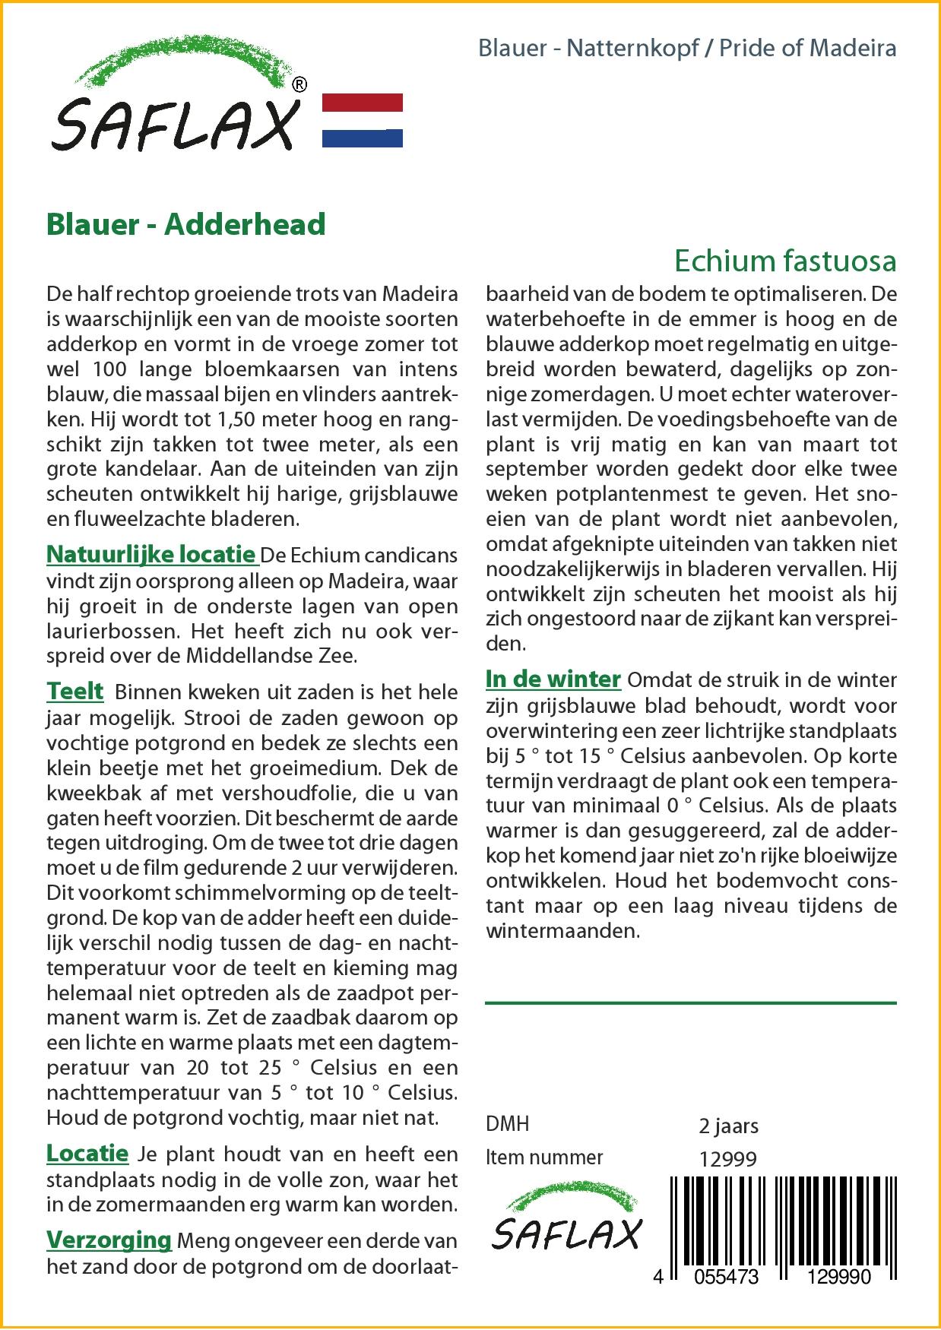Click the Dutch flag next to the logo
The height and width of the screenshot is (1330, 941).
tap(363, 120)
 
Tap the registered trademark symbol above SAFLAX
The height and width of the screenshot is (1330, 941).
tap(299, 85)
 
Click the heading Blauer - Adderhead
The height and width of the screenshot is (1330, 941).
tap(186, 224)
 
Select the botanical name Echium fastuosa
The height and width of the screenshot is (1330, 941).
tap(785, 261)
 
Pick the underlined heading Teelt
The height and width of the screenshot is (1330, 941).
tap(74, 692)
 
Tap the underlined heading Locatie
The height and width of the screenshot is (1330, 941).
tap(87, 1154)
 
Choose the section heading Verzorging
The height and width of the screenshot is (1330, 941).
tap(109, 1240)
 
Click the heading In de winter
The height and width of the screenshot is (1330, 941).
tap(553, 679)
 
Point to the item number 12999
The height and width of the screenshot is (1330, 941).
tap(727, 1158)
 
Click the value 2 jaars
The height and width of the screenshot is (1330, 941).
tap(728, 1126)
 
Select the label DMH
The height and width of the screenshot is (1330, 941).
tap(507, 1125)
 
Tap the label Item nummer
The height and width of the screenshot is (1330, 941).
tap(544, 1157)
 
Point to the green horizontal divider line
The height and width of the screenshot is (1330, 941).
tap(690, 1003)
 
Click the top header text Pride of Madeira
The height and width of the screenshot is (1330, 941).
tap(808, 49)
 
